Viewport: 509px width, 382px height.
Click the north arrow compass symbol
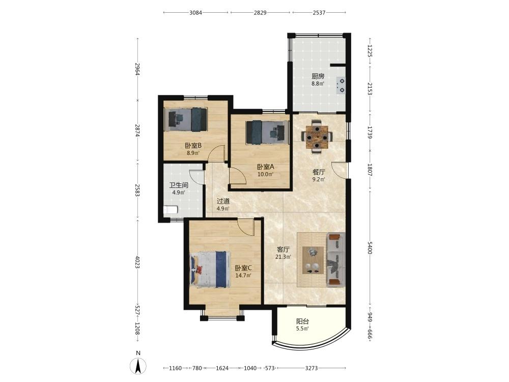(138, 366)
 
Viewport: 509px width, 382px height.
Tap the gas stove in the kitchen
(341, 85)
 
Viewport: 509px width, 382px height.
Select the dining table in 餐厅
(317, 136)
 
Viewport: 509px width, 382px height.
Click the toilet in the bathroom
(170, 210)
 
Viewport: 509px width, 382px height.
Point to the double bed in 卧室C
(210, 269)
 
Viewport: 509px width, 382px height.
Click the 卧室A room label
(266, 167)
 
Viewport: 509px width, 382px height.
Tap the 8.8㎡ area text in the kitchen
(318, 84)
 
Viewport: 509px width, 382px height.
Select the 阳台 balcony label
(302, 321)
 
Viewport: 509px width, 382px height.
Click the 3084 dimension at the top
(196, 13)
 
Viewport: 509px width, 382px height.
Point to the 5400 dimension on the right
(370, 248)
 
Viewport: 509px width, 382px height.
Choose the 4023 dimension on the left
(137, 262)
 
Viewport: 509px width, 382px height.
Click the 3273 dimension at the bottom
(312, 368)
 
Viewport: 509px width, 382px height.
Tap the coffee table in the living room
(313, 260)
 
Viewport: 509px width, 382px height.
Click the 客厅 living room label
(283, 250)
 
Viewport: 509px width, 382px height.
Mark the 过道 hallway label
(223, 201)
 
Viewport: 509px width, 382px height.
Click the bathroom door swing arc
(196, 177)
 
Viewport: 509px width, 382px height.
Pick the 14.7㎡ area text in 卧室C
(243, 276)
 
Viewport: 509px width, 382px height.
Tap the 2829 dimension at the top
(260, 13)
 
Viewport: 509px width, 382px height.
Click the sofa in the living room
(335, 260)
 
